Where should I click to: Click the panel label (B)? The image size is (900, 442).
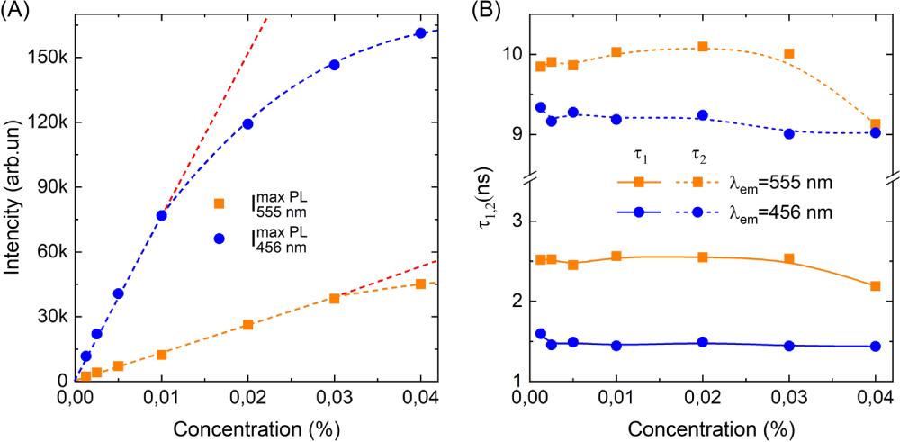coord(483,13)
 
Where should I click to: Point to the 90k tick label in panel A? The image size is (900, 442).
coord(52,187)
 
